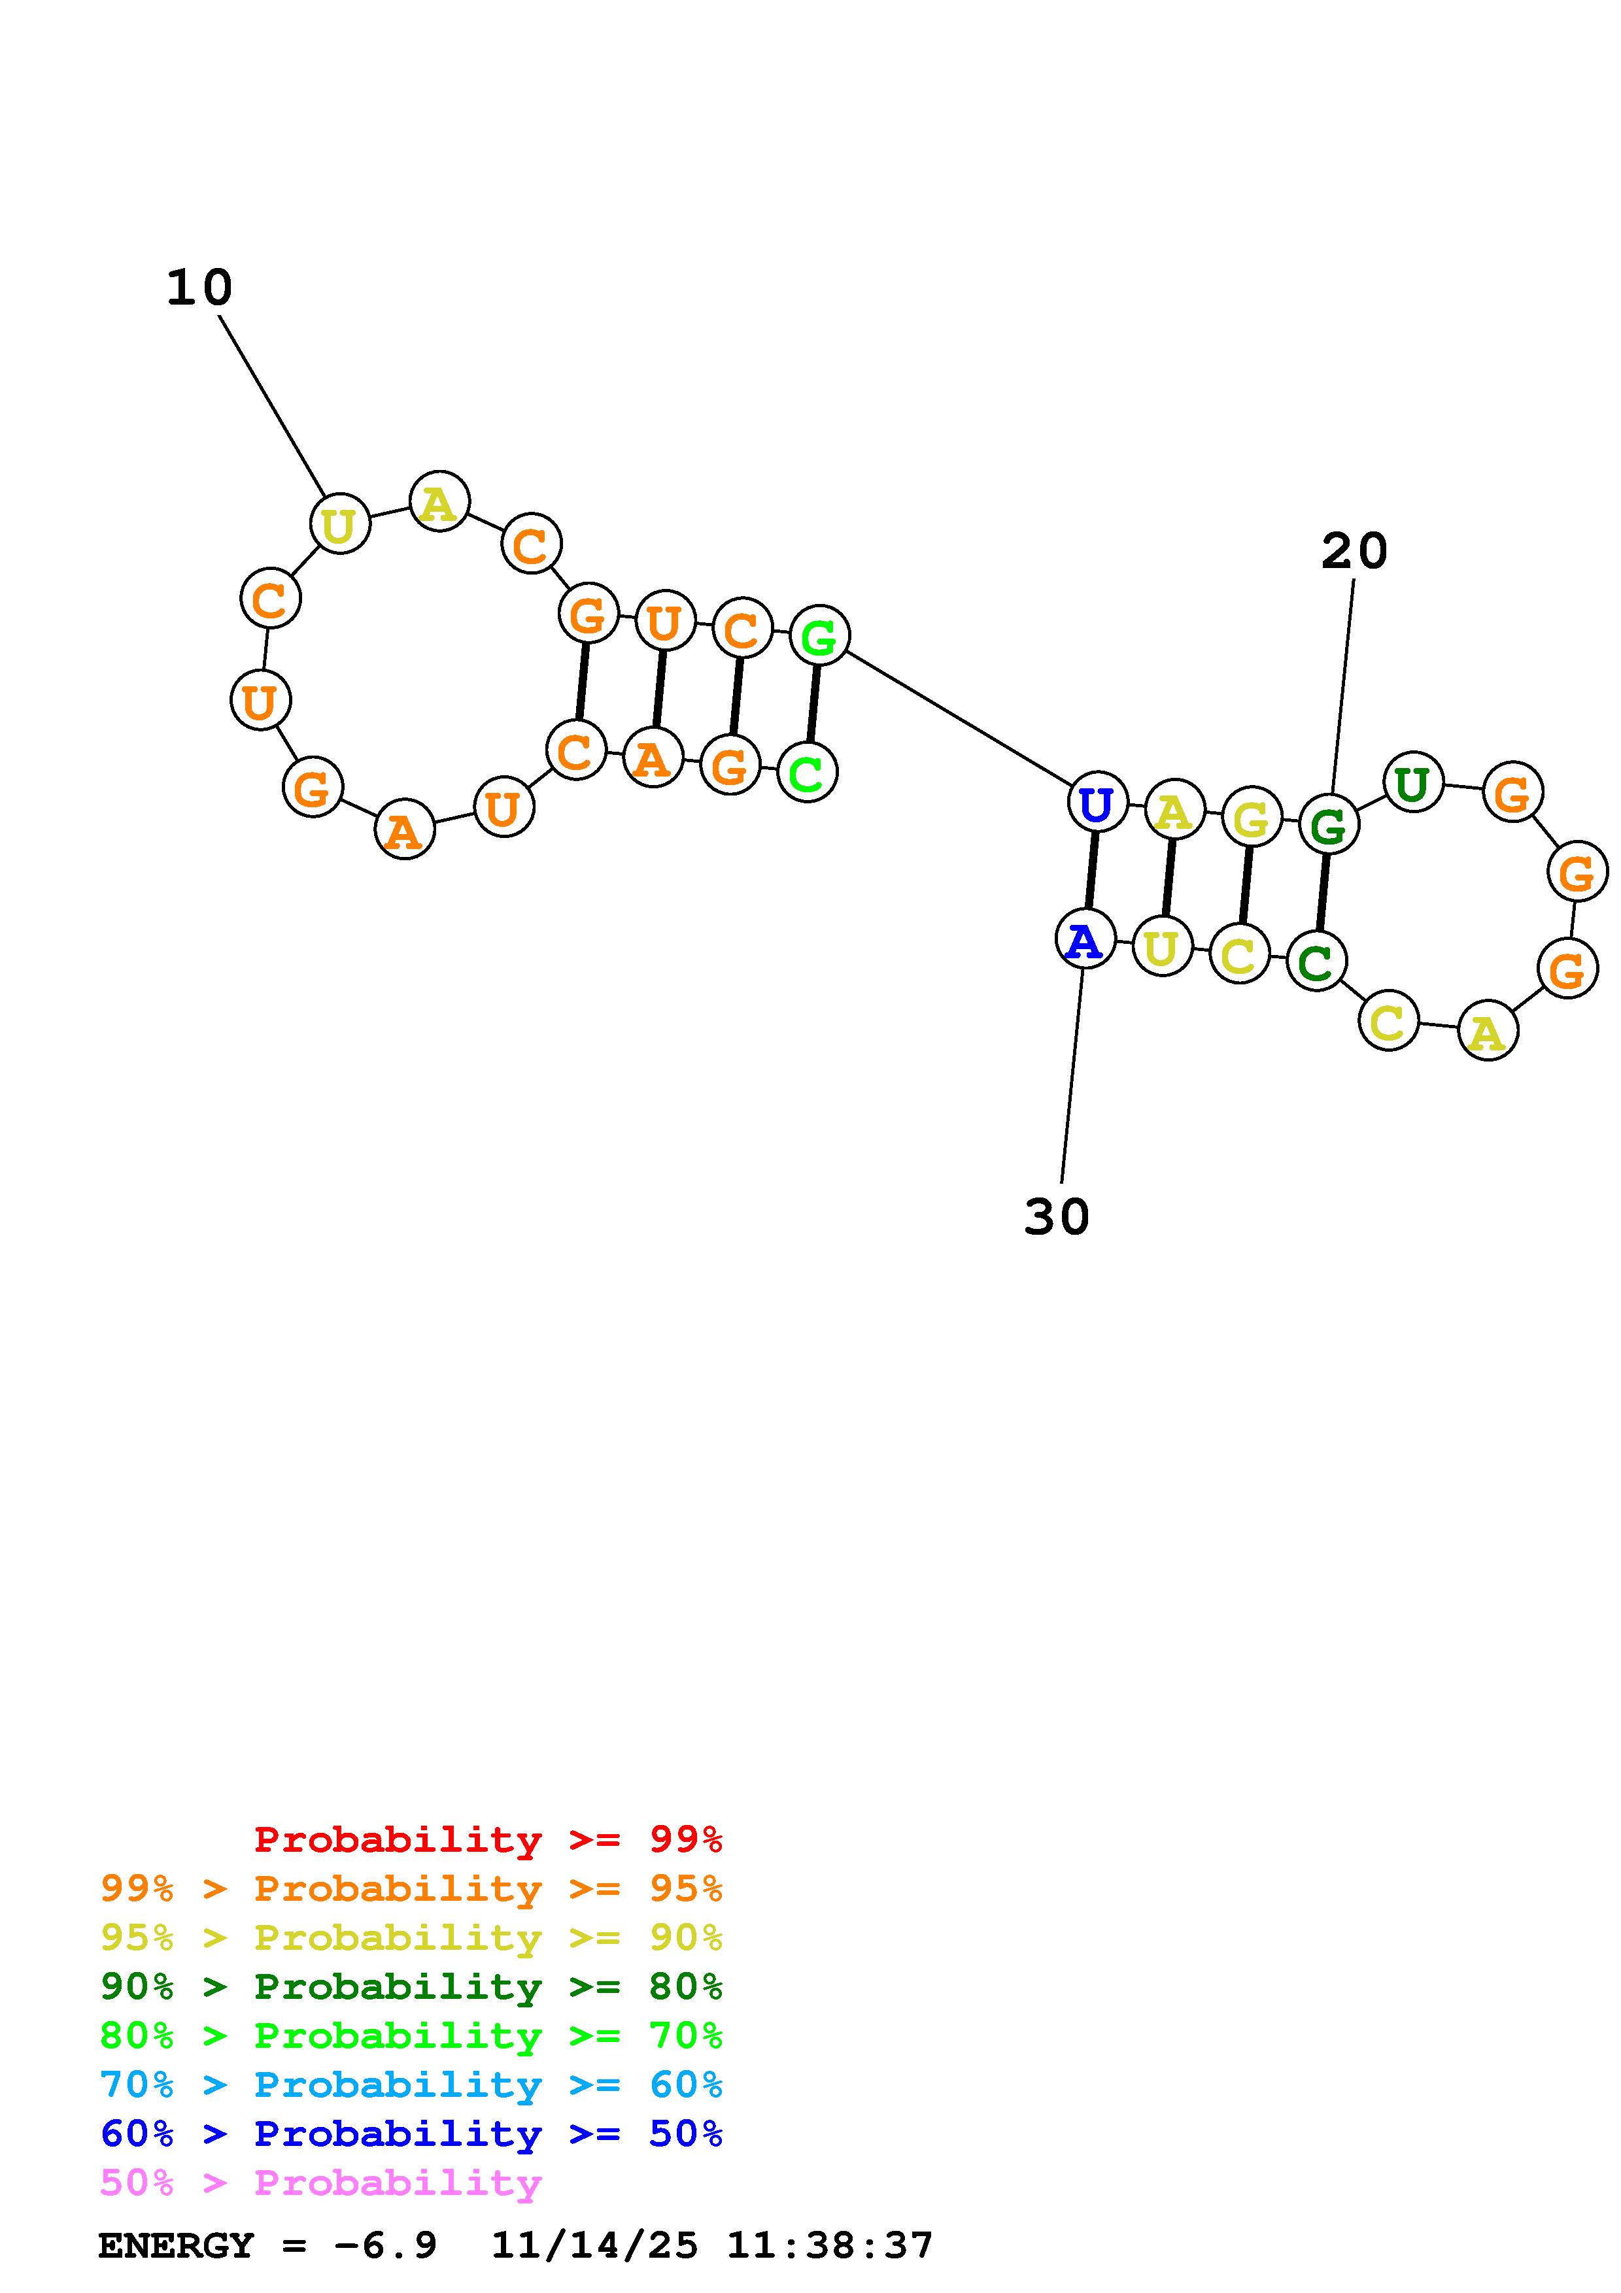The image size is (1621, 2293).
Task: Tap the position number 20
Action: click(x=1354, y=551)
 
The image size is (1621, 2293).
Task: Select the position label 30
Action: click(x=1057, y=1216)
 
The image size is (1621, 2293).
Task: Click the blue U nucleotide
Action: click(x=1097, y=802)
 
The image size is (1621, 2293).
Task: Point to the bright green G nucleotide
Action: click(x=819, y=635)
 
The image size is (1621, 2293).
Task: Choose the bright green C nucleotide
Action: click(x=806, y=772)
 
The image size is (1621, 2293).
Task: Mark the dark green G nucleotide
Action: click(x=1328, y=825)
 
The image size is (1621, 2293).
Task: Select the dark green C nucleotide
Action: click(x=1316, y=962)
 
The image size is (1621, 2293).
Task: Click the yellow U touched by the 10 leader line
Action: click(x=339, y=524)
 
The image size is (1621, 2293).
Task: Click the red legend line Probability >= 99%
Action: click(x=487, y=1839)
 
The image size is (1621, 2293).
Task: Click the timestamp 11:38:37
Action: click(x=829, y=2246)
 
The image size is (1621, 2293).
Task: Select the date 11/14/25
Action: click(x=594, y=2246)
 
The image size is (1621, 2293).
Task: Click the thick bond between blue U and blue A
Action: click(x=1091, y=871)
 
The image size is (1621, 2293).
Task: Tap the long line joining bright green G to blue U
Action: click(x=958, y=719)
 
